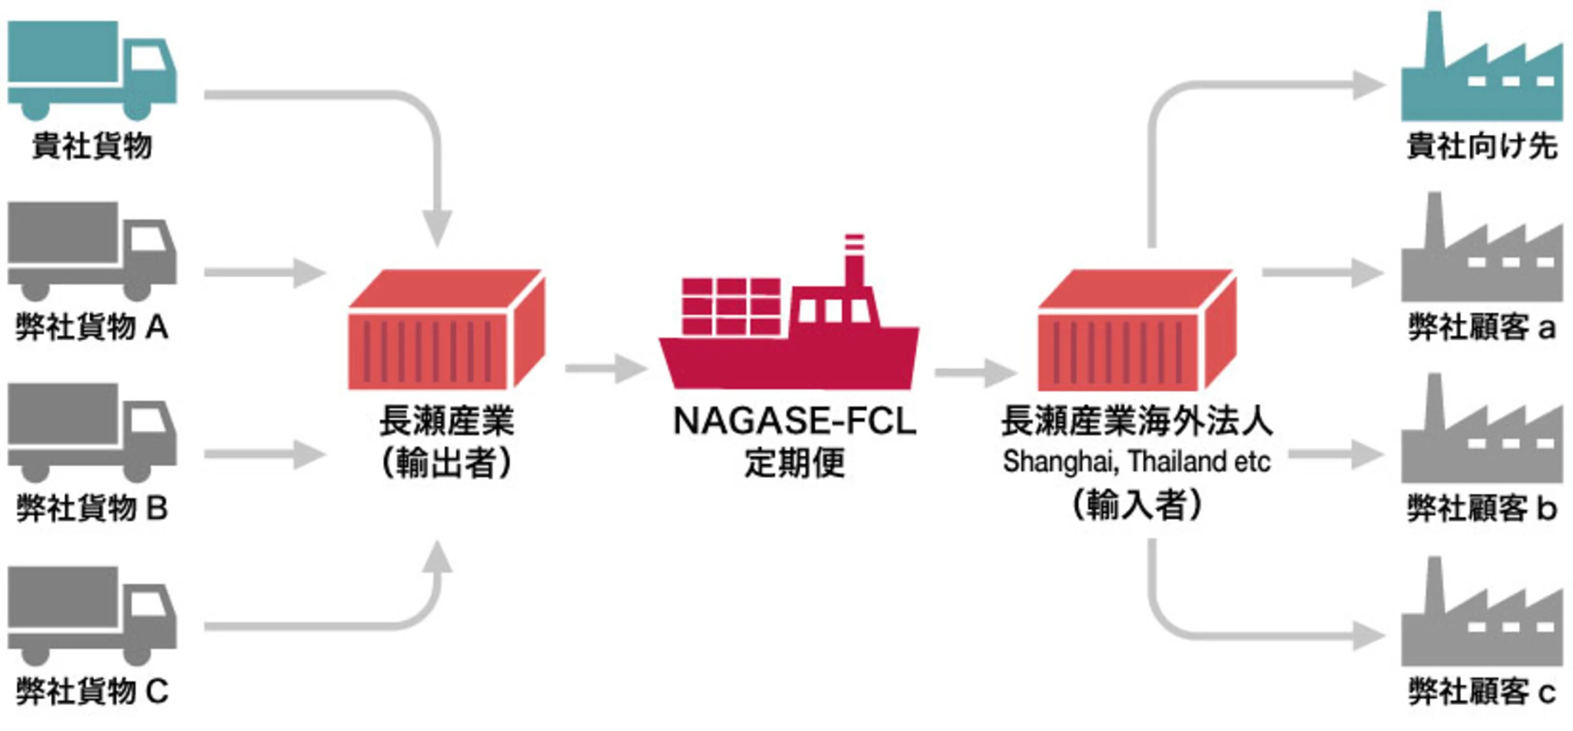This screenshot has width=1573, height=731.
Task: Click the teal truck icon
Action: click(x=92, y=70)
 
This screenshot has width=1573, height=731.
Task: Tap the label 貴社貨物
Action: click(x=92, y=147)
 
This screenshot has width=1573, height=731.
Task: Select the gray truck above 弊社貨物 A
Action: click(x=92, y=251)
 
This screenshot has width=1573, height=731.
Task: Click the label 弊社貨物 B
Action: click(x=92, y=508)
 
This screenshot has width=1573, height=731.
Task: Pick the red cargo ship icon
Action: click(x=789, y=311)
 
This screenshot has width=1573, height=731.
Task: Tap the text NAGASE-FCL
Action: click(x=794, y=421)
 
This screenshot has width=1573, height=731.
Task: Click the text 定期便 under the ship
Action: click(x=794, y=462)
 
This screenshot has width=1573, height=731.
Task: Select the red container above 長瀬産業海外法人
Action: click(x=1137, y=330)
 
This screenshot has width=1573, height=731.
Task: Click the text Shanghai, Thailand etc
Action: click(x=1136, y=462)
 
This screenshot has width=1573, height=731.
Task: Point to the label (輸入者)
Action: click(x=1137, y=506)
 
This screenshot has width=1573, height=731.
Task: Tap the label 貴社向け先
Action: click(x=1482, y=147)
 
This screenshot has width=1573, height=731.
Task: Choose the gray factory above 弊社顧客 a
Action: click(x=1482, y=247)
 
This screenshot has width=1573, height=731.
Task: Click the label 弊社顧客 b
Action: click(x=1482, y=508)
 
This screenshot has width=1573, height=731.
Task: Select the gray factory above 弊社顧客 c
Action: click(x=1482, y=611)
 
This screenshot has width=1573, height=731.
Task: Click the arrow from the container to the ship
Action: click(x=606, y=368)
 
